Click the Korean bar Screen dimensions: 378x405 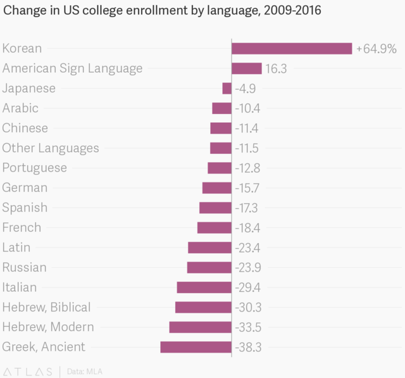tap(292, 49)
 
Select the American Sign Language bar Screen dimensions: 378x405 tap(247, 68)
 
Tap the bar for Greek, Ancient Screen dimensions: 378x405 tap(196, 347)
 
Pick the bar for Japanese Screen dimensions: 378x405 tap(227, 89)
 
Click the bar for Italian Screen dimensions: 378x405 tap(204, 287)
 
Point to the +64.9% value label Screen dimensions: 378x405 tap(377, 49)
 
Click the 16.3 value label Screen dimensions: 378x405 tap(275, 68)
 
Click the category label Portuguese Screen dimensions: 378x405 tap(35, 168)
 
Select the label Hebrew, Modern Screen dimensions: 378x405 tap(48, 327)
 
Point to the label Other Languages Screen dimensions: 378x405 tap(51, 148)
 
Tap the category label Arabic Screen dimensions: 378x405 tap(20, 108)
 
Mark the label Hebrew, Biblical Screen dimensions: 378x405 tap(47, 307)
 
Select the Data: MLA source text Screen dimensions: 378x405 tap(85, 370)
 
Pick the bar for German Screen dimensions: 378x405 tap(217, 188)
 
